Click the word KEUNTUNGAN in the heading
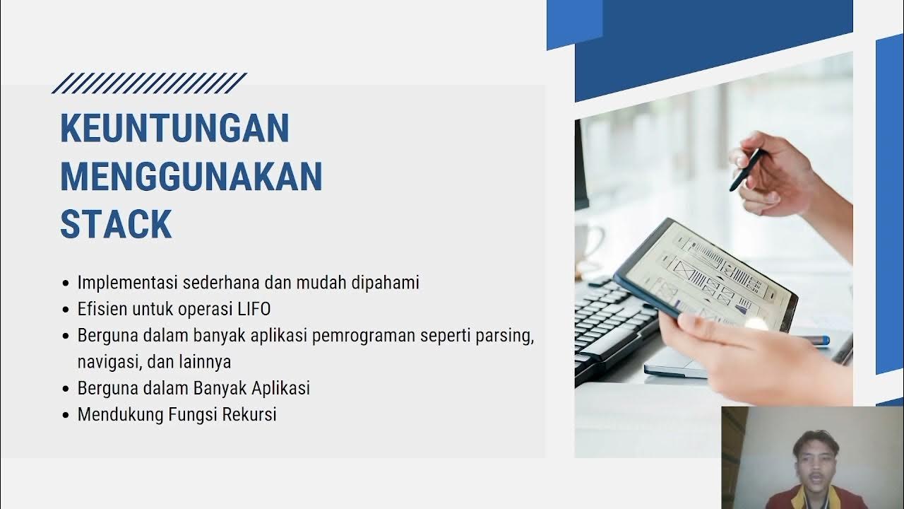click(174, 129)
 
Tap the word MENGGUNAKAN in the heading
click(191, 177)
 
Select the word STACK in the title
click(116, 224)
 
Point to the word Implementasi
click(128, 283)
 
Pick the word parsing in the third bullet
click(507, 336)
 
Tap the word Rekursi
click(249, 414)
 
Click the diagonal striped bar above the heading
click(149, 83)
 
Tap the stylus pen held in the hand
click(746, 169)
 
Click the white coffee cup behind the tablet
click(588, 244)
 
